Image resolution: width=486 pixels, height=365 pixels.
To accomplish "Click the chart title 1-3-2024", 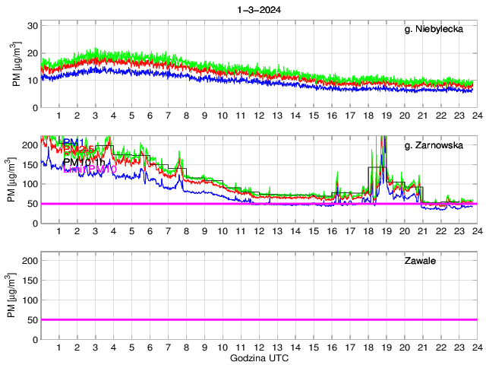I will (258, 10).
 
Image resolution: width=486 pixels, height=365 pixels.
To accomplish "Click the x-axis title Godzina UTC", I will (258, 357).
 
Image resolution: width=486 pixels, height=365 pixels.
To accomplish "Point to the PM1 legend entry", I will (74, 142).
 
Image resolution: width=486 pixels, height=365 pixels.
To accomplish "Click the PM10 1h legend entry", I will (85, 161).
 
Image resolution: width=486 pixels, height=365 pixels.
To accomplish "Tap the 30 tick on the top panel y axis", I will (33, 26).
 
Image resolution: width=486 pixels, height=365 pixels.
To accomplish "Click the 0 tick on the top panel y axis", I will (36, 107).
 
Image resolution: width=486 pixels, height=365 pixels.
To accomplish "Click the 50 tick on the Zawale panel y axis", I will (33, 319).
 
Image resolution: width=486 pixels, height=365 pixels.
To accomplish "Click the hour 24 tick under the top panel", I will (475, 116).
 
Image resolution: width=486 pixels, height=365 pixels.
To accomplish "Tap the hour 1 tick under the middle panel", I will (59, 231).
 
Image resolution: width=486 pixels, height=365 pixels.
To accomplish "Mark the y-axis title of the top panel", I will (16, 67).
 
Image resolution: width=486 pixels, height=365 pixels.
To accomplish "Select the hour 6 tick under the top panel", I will (150, 116).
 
